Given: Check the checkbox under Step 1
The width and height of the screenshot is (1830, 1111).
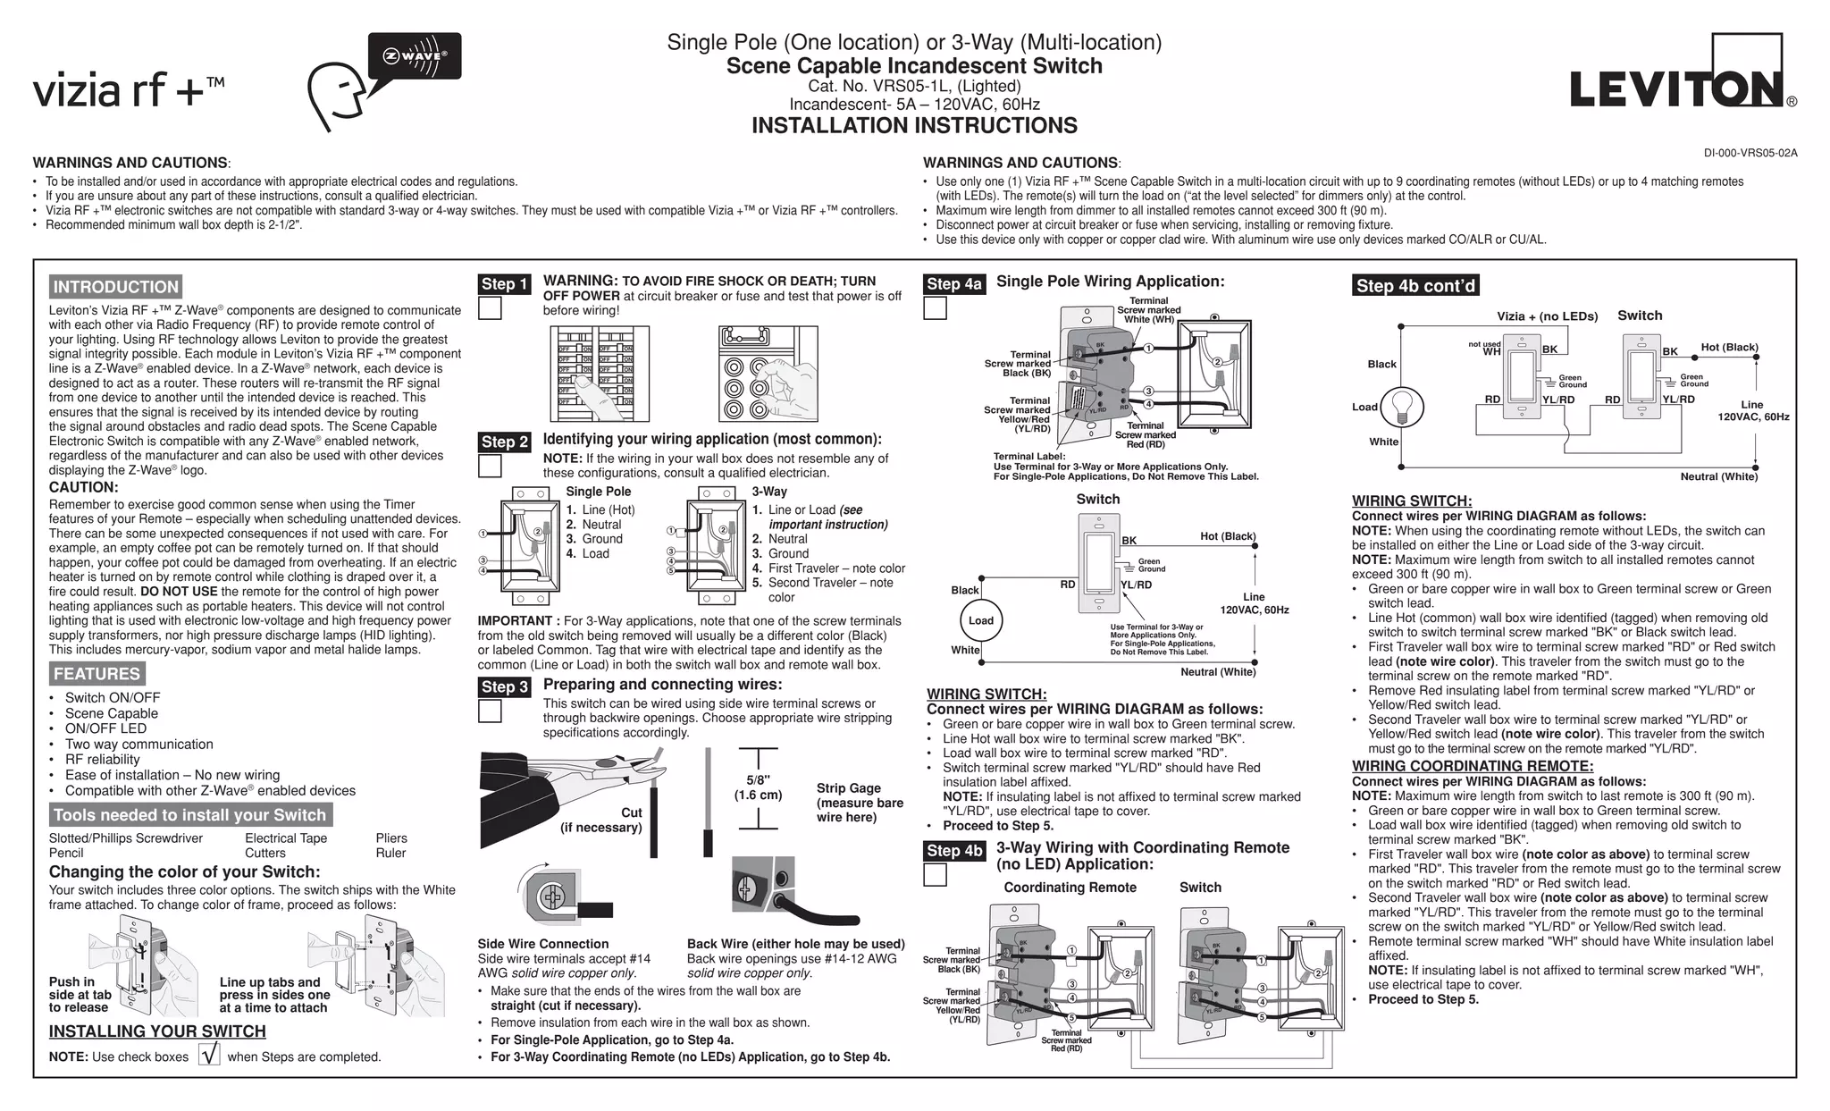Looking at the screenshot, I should pos(490,308).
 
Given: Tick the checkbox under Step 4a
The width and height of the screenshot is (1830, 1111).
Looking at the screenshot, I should pos(935,308).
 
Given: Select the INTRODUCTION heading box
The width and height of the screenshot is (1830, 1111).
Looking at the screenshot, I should pos(115,287).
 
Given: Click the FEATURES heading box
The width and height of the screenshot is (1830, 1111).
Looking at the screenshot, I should pos(97,674).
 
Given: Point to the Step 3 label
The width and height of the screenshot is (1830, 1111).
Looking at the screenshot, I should pos(505,686).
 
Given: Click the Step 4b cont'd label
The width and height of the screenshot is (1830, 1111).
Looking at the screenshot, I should pos(1415,286).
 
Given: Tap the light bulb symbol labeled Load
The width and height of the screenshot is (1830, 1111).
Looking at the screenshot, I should pos(1403,407).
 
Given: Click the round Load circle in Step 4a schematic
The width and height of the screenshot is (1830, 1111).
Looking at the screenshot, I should pos(980,620).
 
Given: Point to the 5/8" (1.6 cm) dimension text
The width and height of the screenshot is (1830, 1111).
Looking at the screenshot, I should pos(758,787).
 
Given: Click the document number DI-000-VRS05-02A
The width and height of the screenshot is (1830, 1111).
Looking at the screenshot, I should pos(1750,153).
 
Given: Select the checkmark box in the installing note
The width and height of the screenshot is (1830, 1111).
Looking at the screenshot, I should pos(209,1055).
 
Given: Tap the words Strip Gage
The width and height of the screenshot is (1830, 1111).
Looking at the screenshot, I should pos(848,788).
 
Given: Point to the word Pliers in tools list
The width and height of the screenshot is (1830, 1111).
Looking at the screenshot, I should pos(391,838).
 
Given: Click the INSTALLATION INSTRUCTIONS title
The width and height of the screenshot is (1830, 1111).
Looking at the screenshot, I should pos(914,126).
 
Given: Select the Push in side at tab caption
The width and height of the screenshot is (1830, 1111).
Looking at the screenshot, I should pos(80,994).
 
